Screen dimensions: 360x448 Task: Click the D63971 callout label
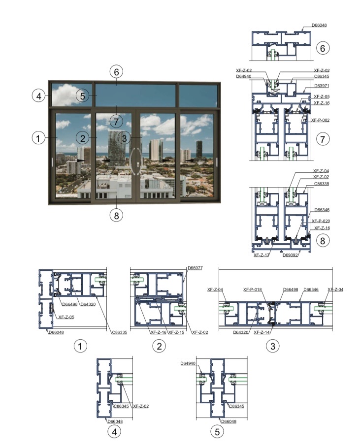(x=322, y=86)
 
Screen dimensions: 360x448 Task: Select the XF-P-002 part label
(x=320, y=120)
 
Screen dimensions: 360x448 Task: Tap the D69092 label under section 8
(x=290, y=255)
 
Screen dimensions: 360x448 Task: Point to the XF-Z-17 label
(x=262, y=255)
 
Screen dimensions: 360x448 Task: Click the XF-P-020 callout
(x=321, y=221)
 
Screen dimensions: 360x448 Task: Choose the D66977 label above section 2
(x=195, y=268)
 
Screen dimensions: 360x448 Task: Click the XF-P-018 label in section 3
(x=253, y=289)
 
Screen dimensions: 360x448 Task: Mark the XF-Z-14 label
(x=262, y=332)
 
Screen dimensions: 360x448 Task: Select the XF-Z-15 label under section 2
(x=176, y=332)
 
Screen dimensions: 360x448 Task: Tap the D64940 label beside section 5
(x=188, y=363)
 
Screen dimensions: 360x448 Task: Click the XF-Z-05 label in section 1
(x=66, y=317)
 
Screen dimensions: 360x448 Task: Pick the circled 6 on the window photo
(x=116, y=72)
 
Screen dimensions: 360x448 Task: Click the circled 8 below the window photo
(x=116, y=215)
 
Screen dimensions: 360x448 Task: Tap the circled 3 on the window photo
(x=124, y=138)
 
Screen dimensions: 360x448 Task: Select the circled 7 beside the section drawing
(x=323, y=139)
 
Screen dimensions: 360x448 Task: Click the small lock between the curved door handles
(x=138, y=164)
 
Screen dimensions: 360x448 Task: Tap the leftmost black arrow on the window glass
(x=81, y=160)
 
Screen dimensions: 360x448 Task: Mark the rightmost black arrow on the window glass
(x=189, y=160)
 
